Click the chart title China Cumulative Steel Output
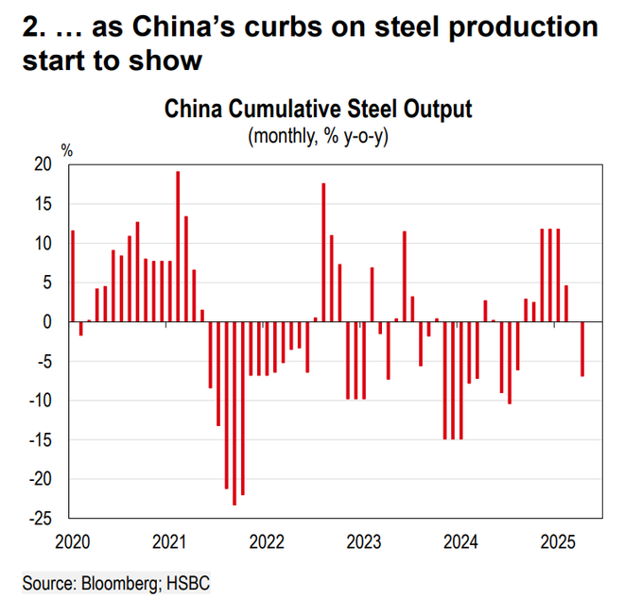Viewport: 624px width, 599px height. point(318,109)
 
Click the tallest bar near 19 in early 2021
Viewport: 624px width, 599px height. point(178,246)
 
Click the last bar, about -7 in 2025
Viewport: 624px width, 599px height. point(582,349)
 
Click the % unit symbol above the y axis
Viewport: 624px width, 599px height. point(67,150)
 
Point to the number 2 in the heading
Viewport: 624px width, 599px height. point(30,27)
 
